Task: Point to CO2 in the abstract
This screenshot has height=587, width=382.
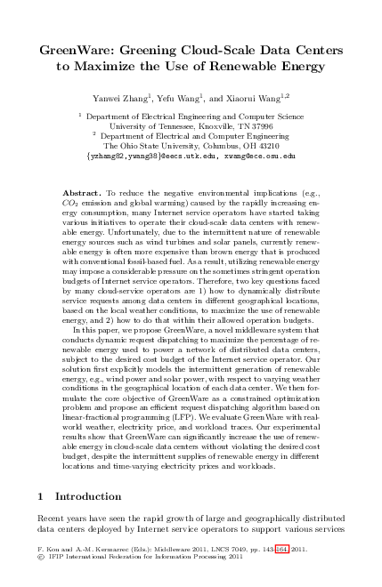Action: [72, 202]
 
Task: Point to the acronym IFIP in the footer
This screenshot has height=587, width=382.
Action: [59, 558]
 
